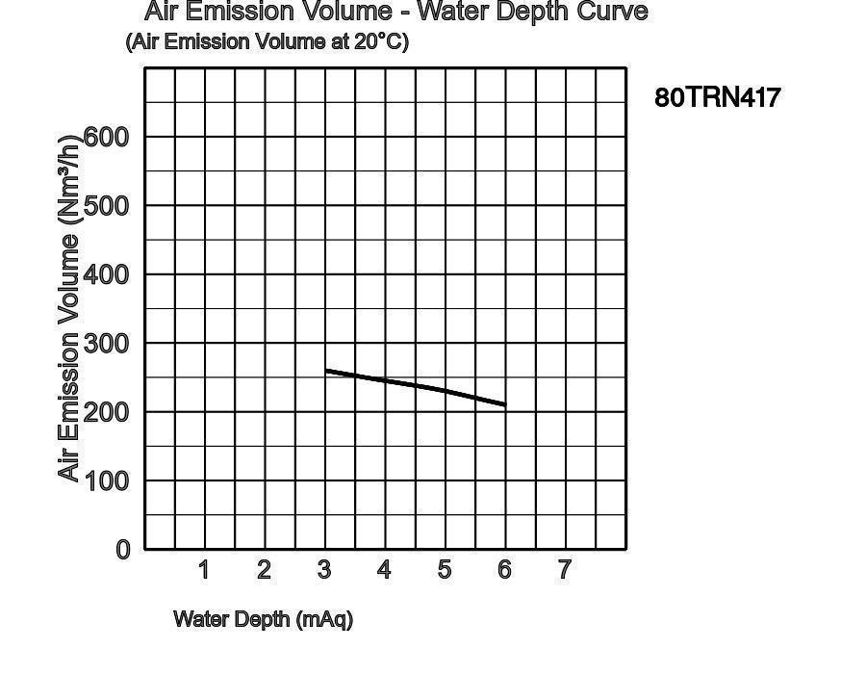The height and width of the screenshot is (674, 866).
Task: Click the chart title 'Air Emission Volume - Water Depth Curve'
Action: pos(395,13)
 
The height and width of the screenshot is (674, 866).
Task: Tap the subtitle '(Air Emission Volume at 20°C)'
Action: pos(267,42)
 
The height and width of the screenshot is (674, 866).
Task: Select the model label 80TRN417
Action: pos(717,97)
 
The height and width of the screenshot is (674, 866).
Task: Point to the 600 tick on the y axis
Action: pos(107,137)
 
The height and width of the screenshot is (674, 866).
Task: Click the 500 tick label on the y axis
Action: pos(107,206)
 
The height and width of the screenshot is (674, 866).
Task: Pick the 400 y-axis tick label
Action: pos(107,274)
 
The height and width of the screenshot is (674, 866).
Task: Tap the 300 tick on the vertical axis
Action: pos(107,344)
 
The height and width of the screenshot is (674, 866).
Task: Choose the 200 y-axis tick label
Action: pos(107,412)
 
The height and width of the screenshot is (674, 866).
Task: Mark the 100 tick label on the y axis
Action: pos(107,480)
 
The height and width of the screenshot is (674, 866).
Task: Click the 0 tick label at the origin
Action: pos(123,550)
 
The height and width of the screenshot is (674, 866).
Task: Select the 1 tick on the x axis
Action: pos(204,570)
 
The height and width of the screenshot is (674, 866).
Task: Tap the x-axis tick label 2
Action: pos(264,570)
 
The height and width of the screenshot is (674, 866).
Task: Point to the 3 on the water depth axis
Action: pos(324,570)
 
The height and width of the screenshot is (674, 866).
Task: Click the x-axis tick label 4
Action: pos(384,570)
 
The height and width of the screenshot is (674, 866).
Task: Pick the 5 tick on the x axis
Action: pos(445,570)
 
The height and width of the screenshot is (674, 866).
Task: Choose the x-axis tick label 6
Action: pos(504,570)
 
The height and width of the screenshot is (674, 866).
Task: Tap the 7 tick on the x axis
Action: pos(565,570)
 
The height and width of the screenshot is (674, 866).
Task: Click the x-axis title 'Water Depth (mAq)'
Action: pos(263,619)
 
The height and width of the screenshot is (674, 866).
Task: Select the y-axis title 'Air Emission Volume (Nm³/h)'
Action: pos(69,308)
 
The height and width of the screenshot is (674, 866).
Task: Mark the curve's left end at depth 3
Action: pos(326,370)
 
